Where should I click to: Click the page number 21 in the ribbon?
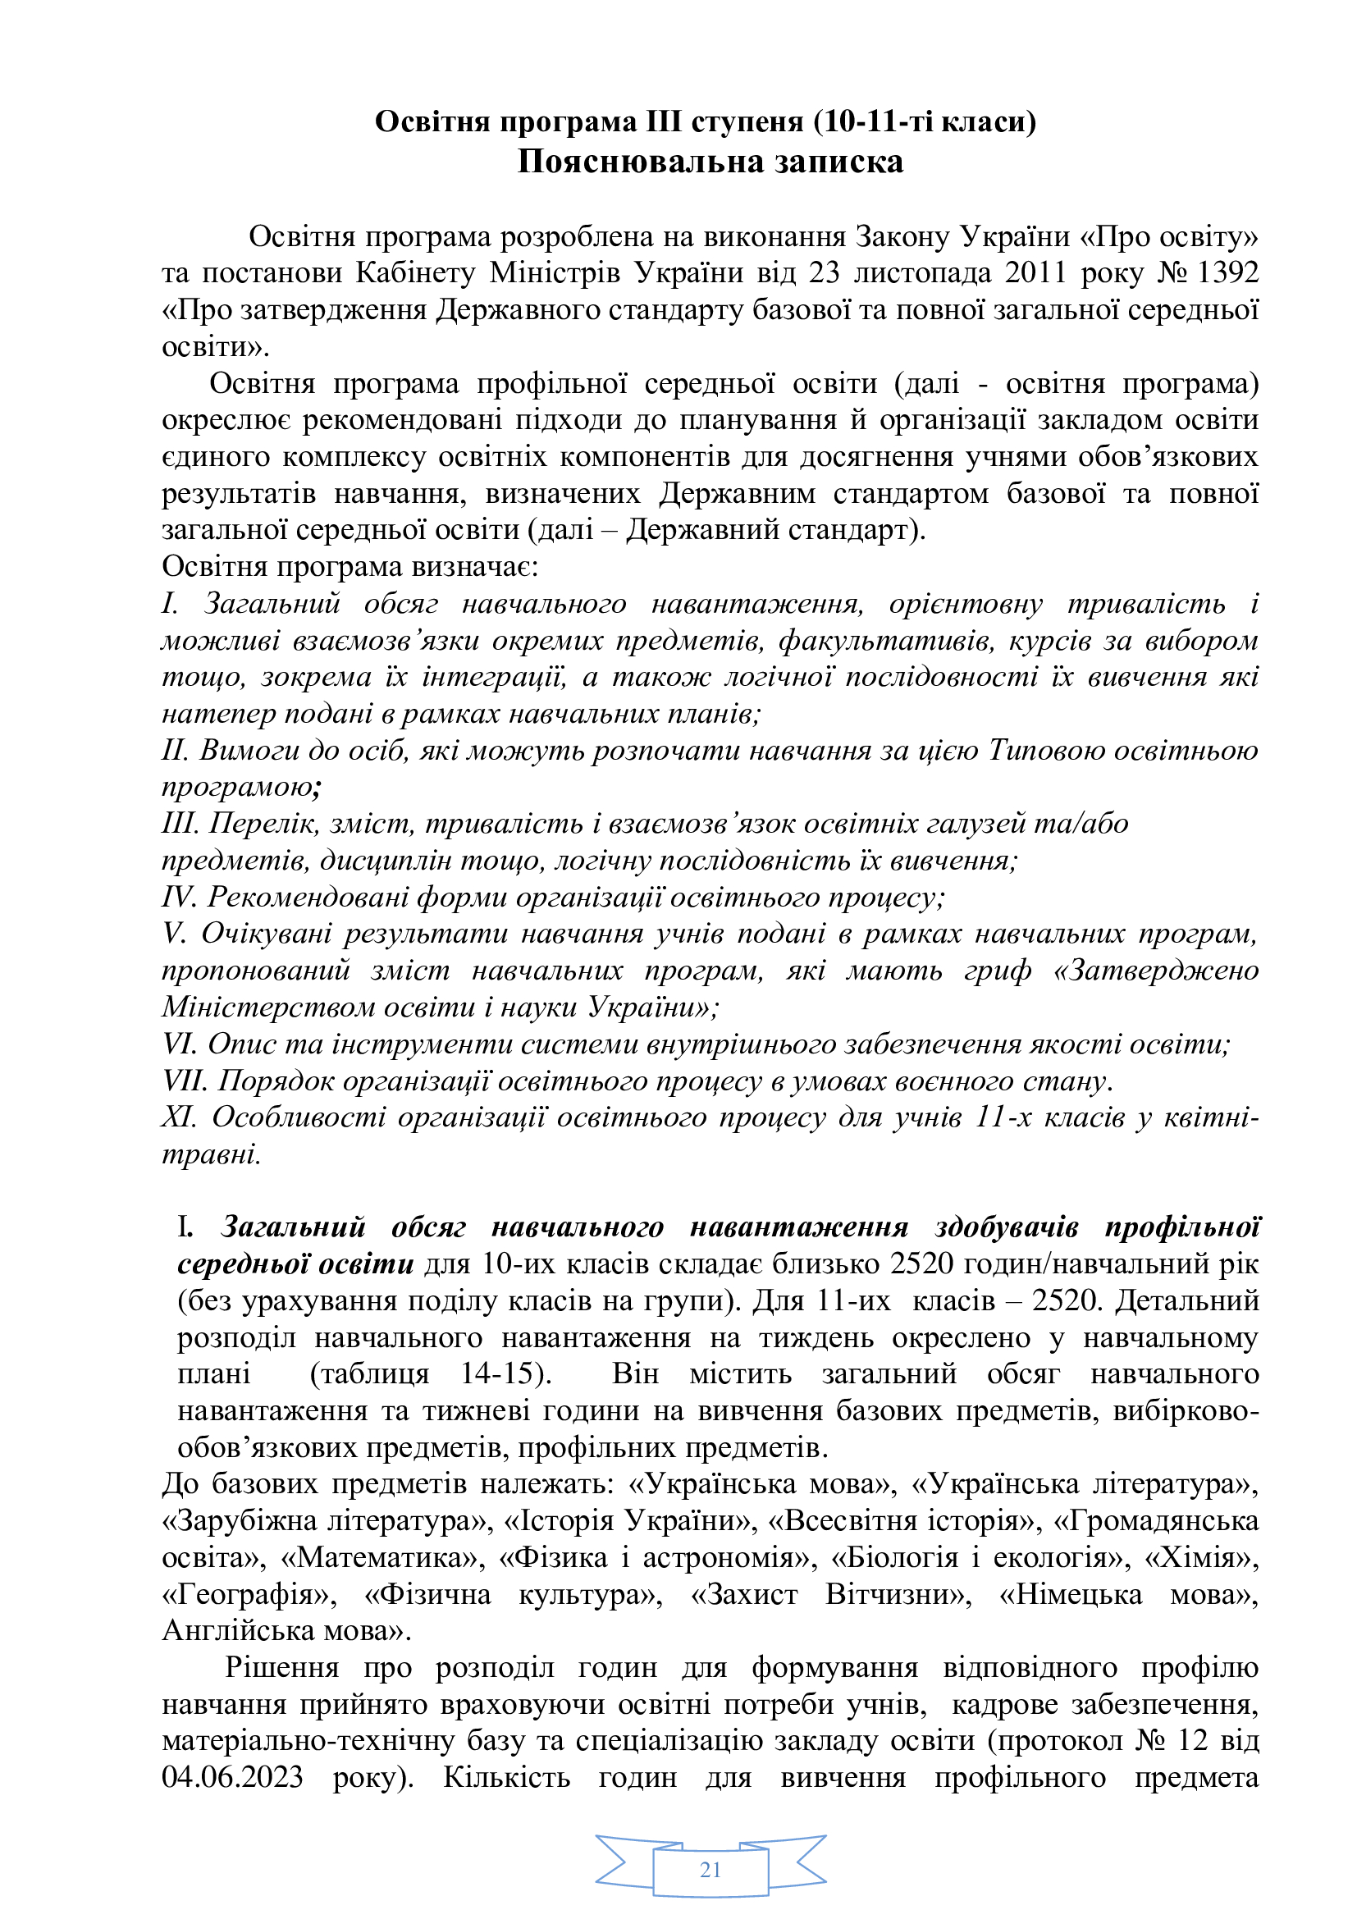click(x=710, y=1870)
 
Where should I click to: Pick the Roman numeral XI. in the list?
click(x=180, y=1117)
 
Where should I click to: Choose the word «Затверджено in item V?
click(x=1157, y=971)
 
